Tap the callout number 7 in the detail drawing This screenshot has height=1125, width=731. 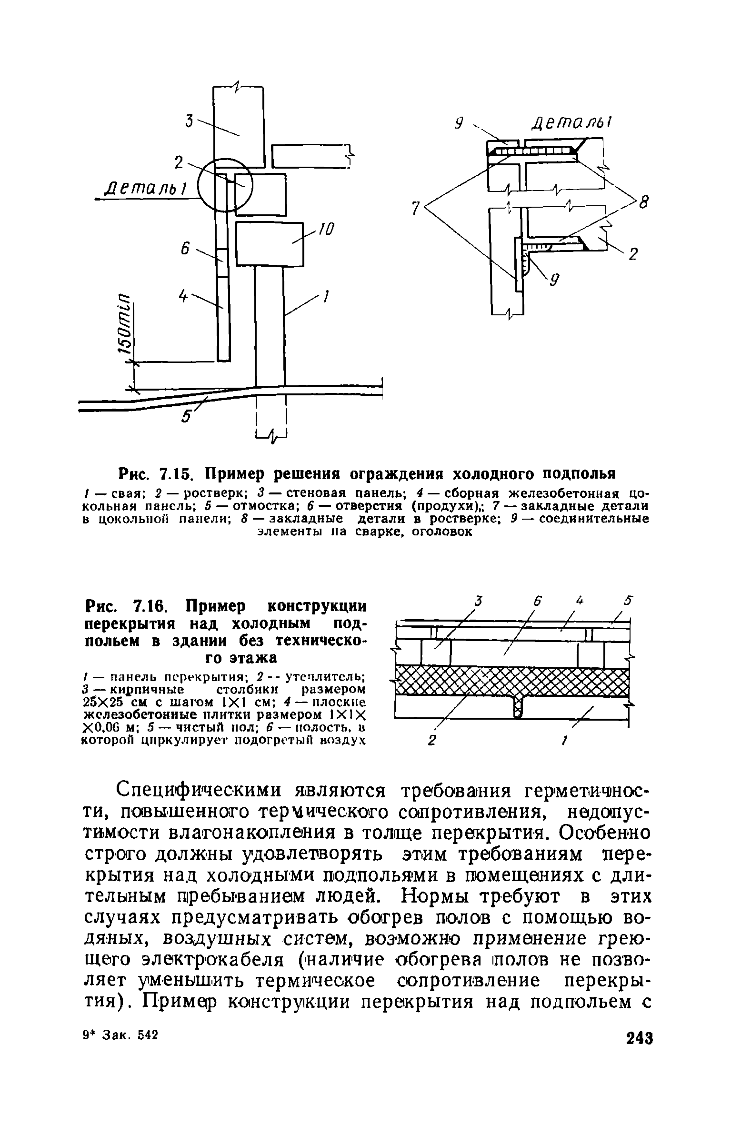[x=416, y=208]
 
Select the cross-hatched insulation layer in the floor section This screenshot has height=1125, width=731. [x=512, y=682]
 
